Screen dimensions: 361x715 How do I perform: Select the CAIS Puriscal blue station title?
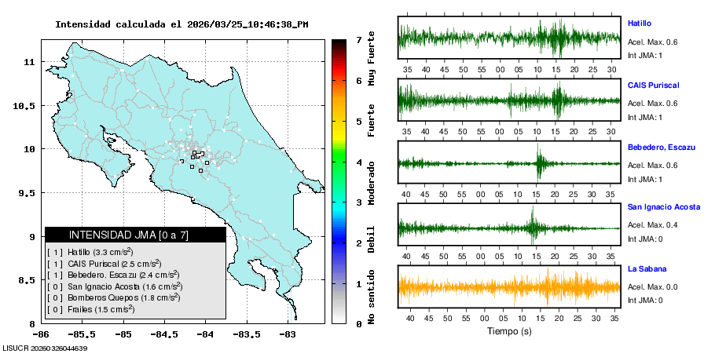(653, 85)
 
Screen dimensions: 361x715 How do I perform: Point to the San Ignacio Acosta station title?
(664, 207)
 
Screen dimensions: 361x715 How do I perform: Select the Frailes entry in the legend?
(90, 309)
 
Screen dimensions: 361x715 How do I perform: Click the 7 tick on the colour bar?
(358, 39)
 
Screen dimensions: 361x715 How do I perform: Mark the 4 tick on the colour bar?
(358, 162)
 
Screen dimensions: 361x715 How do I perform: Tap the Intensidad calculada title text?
(181, 24)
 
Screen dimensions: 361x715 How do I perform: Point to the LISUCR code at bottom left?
(44, 348)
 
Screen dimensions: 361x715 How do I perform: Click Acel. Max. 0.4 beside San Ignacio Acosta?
(652, 225)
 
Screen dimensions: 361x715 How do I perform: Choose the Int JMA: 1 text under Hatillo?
(646, 55)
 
